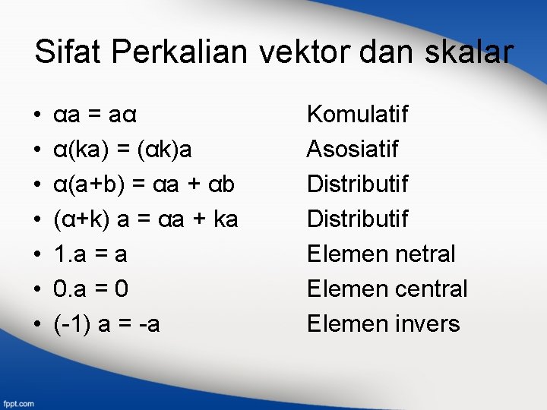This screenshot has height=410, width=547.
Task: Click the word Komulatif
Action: click(x=357, y=115)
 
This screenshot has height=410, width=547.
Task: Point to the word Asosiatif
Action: click(x=353, y=150)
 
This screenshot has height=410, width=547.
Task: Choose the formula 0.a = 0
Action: click(x=90, y=289)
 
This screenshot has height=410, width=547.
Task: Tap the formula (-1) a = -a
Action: click(x=106, y=324)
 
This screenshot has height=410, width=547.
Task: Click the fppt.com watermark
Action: click(x=18, y=402)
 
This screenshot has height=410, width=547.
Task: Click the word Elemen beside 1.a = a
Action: click(x=342, y=254)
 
